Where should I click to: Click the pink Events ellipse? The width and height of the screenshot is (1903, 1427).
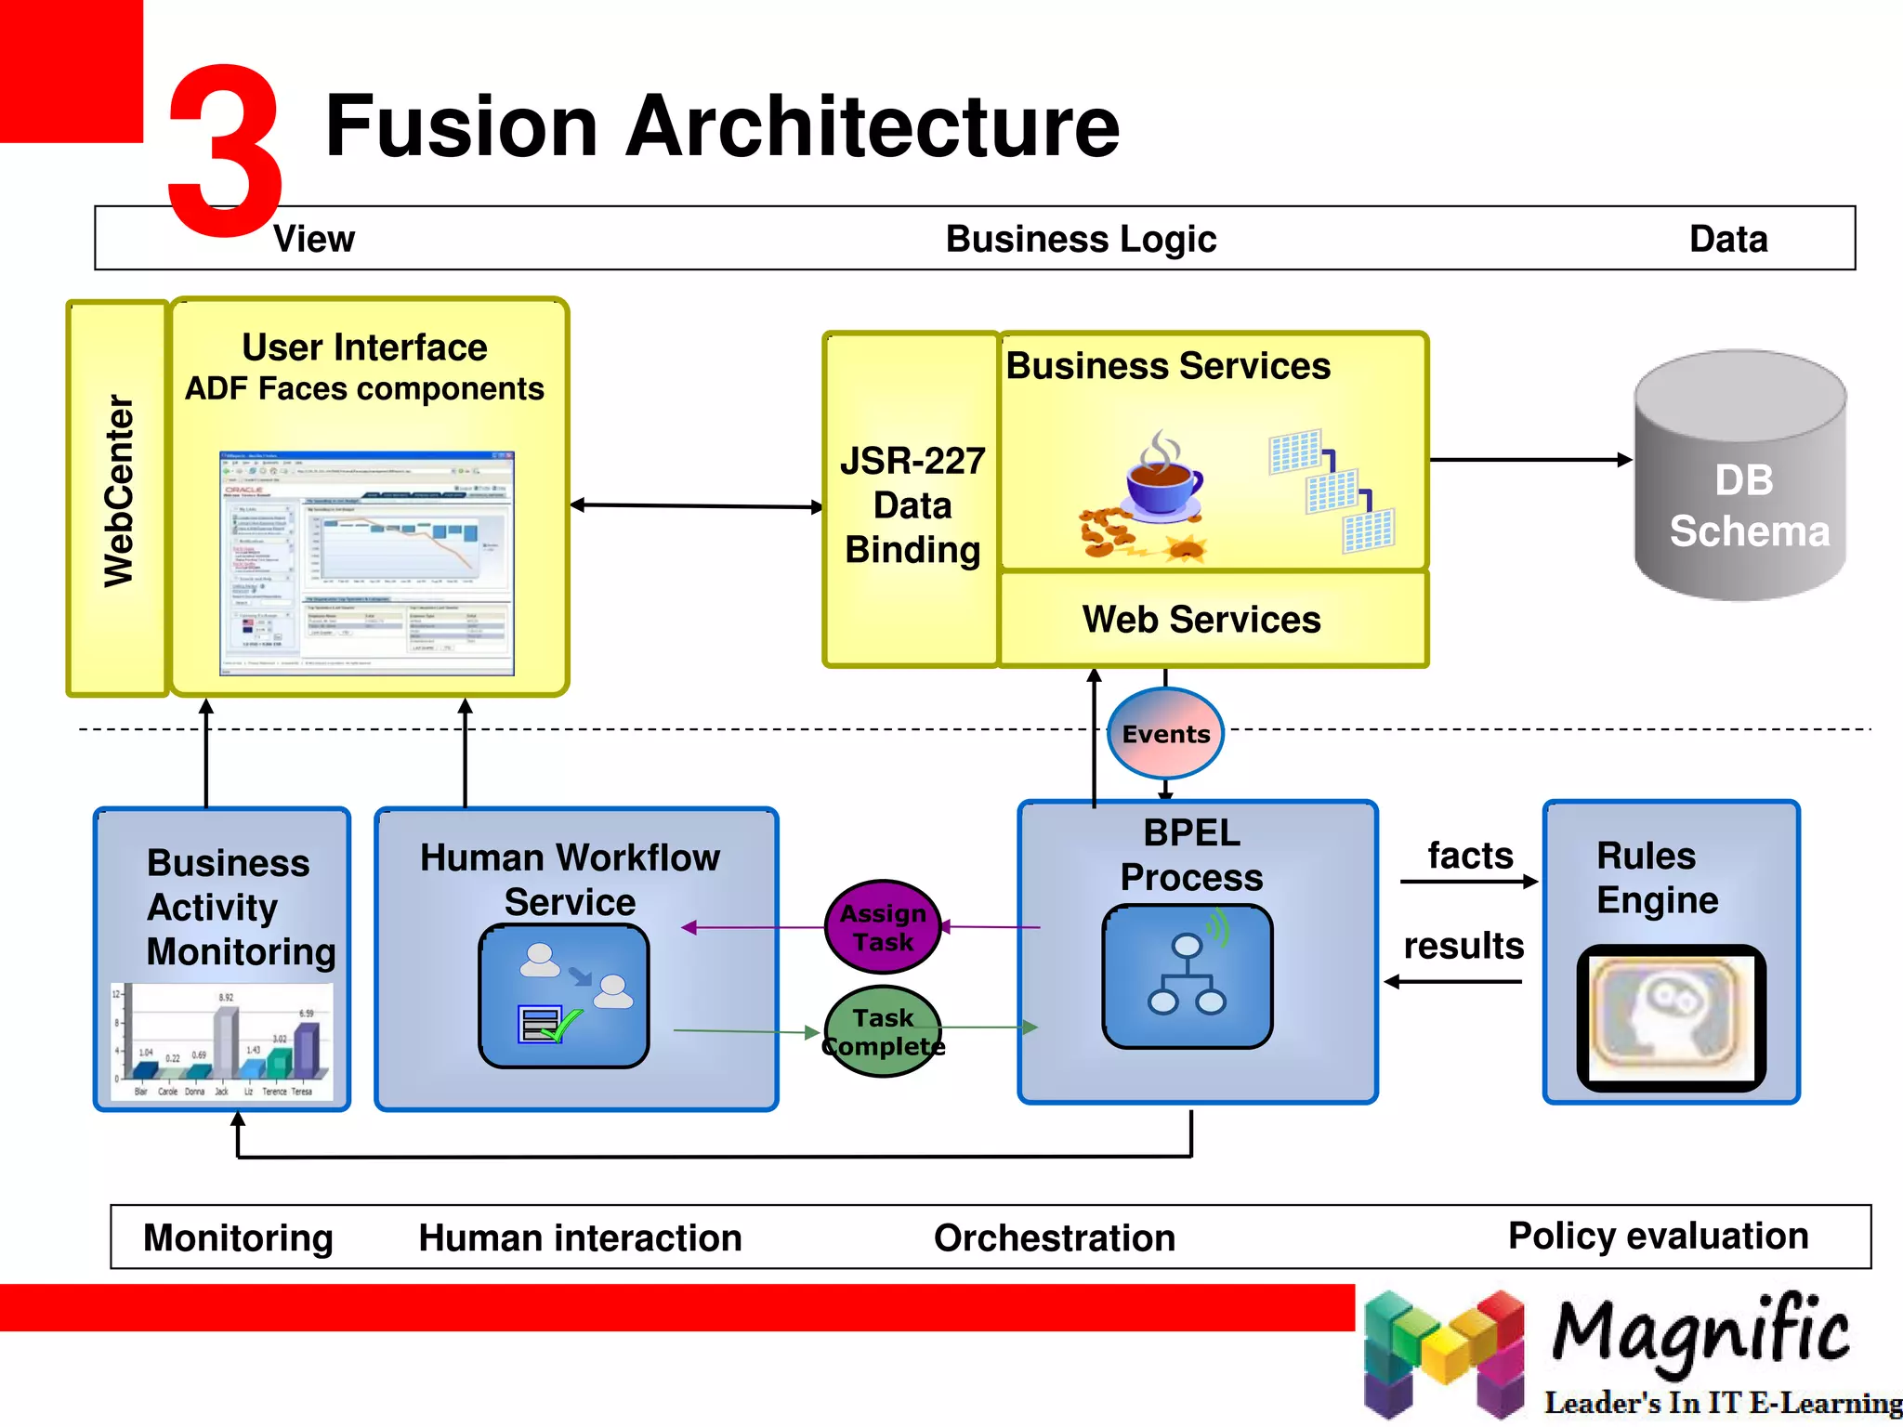coord(1165,733)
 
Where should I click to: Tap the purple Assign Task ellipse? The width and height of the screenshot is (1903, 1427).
coord(883,927)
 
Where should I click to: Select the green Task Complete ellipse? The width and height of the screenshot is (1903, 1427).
coord(883,1031)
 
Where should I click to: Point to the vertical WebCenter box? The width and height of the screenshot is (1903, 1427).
coord(118,497)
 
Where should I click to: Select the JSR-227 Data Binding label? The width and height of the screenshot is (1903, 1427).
coord(912,505)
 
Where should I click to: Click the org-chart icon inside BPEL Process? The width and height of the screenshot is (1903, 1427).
coord(1187,975)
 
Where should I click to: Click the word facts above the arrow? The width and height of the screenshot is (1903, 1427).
coord(1470,856)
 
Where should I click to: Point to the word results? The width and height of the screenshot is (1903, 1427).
coord(1463,946)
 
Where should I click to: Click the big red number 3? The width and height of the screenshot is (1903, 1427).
coord(225,149)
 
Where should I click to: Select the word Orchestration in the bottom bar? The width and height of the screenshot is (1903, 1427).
coord(1055,1237)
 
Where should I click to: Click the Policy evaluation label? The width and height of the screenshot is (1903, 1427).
coord(1658,1236)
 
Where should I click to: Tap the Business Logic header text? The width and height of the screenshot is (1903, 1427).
coord(1081,239)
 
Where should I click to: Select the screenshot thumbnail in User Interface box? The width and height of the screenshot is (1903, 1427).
coord(367,563)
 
